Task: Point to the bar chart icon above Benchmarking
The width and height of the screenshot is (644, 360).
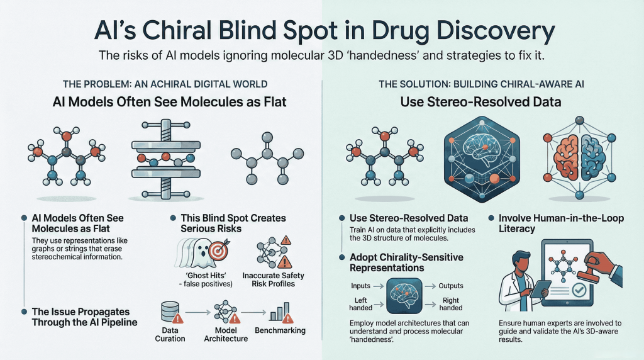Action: [x=278, y=311]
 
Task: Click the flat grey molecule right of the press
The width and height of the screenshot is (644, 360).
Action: [x=266, y=157]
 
